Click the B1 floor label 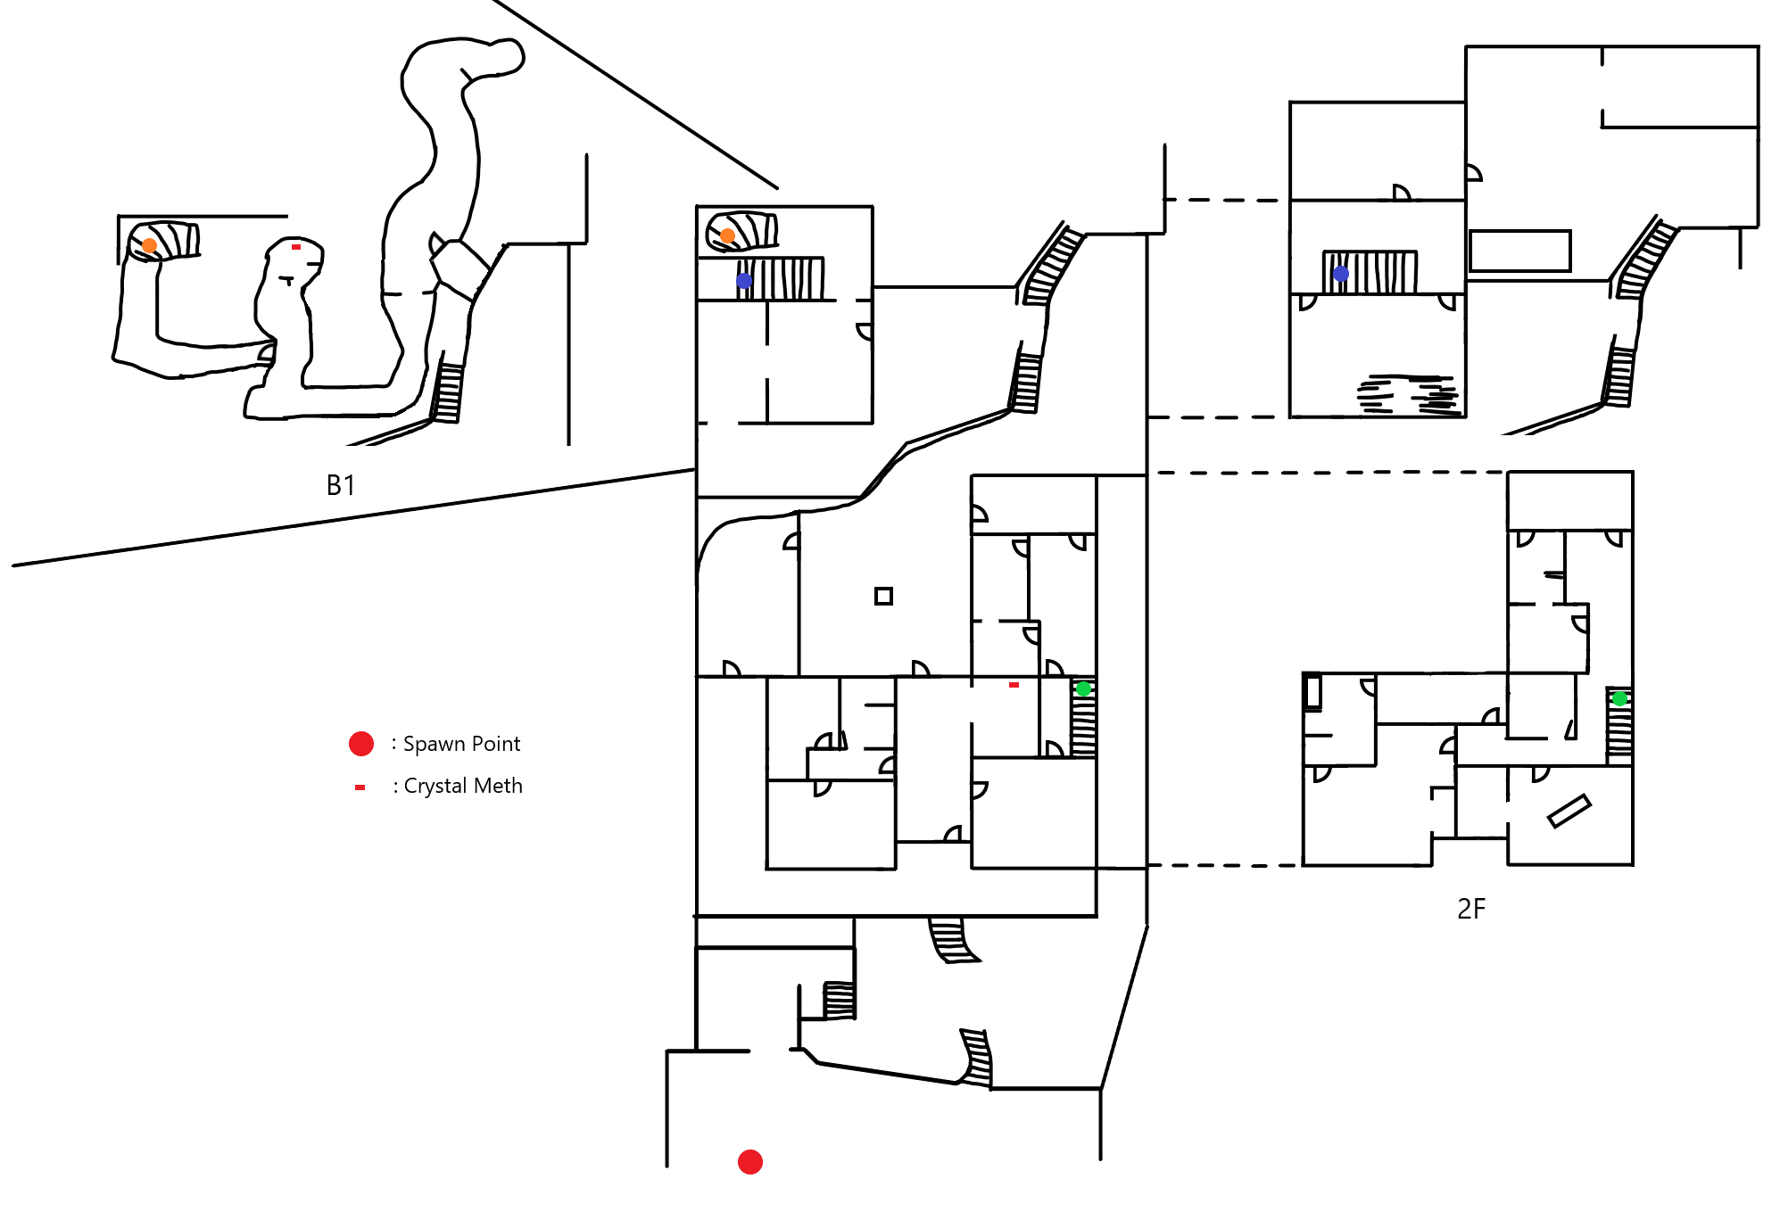tap(341, 485)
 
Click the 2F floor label tap(1471, 909)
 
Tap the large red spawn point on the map tap(750, 1162)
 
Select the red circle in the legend tap(361, 744)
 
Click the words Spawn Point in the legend tap(461, 744)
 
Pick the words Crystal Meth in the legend tap(463, 786)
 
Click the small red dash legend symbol tap(360, 787)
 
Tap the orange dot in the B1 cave tap(150, 245)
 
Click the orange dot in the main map tap(728, 235)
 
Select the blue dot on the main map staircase tap(744, 281)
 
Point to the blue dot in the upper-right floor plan tap(1341, 274)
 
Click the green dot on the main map tap(1083, 688)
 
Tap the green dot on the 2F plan tap(1619, 698)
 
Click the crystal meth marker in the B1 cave tap(296, 247)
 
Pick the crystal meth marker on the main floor tap(1014, 685)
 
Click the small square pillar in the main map tap(883, 596)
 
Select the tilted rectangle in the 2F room tap(1569, 811)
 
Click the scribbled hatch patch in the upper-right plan tap(1409, 395)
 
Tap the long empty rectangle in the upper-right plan tap(1519, 251)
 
